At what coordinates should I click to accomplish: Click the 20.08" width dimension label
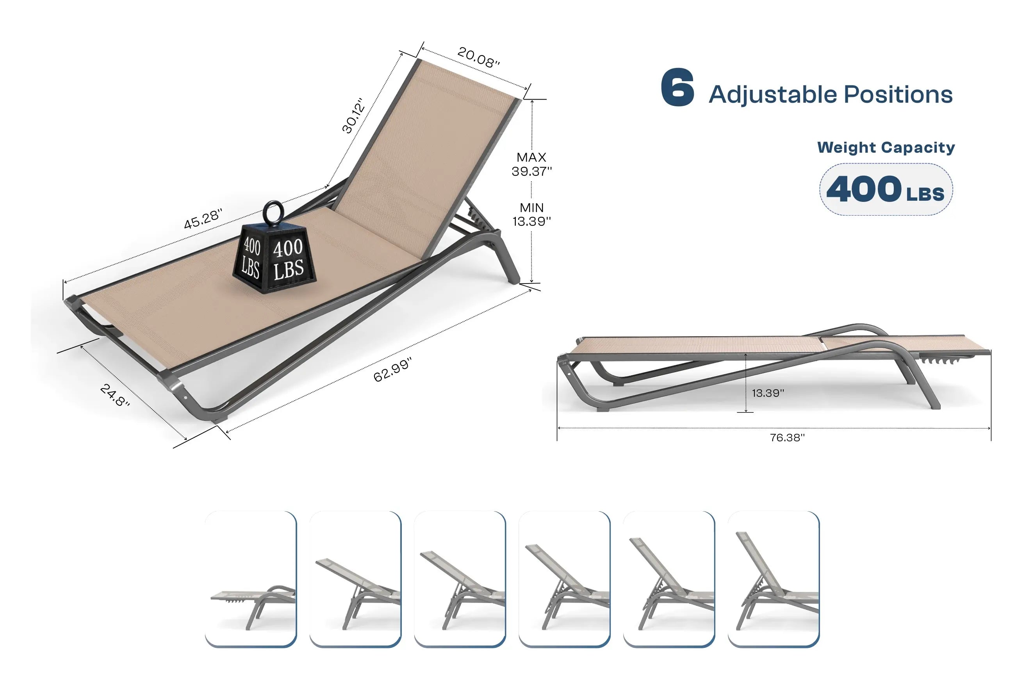(x=478, y=57)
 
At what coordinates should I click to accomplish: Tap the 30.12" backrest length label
(x=353, y=116)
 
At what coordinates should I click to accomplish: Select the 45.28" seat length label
(x=203, y=218)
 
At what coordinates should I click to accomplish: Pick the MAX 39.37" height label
(x=531, y=164)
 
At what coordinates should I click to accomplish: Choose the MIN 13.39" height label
(x=531, y=214)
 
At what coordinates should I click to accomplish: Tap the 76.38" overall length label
(x=787, y=438)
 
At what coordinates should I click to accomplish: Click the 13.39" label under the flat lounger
(x=768, y=393)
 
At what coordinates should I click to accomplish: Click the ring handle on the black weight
(x=273, y=212)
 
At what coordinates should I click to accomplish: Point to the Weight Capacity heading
(x=885, y=147)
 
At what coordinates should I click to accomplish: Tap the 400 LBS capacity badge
(x=885, y=189)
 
